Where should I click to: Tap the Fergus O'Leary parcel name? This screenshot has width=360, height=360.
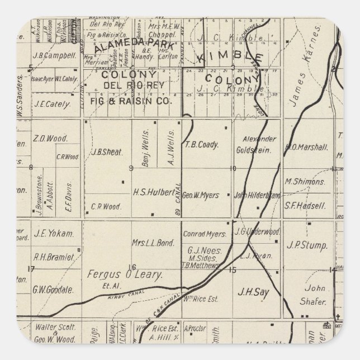click(125, 274)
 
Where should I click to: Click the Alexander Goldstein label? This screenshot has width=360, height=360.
click(257, 144)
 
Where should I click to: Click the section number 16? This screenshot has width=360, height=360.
click(132, 267)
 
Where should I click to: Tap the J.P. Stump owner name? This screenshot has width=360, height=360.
click(302, 244)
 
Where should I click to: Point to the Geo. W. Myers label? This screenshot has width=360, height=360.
click(201, 195)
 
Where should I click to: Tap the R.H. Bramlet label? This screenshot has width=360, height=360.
click(54, 257)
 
